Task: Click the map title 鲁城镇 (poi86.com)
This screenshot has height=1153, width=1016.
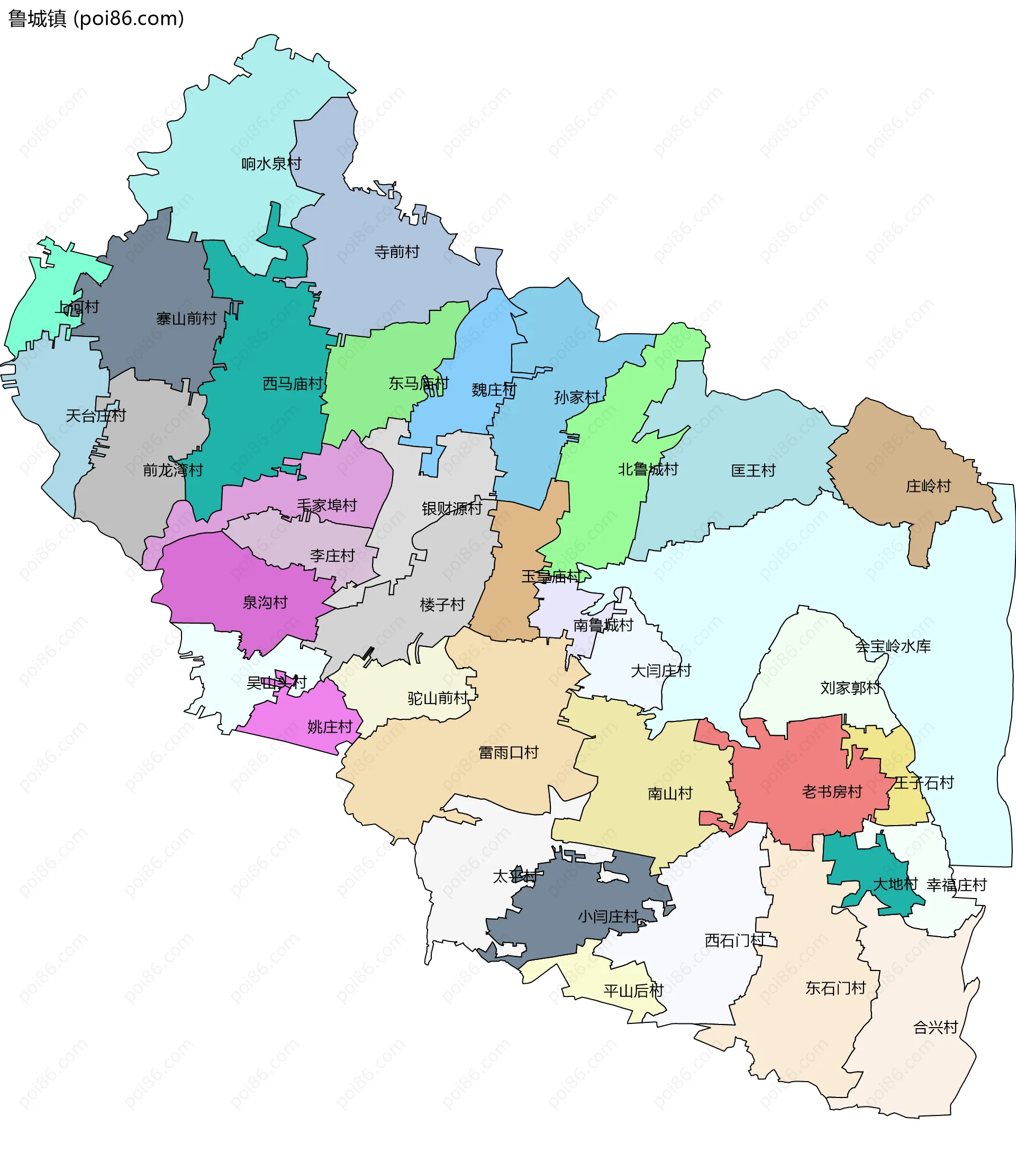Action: click(x=96, y=19)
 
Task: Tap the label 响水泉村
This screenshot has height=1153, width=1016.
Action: click(x=271, y=163)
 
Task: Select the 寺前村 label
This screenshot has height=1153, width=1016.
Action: click(x=397, y=252)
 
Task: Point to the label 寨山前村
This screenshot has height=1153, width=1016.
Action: click(x=186, y=319)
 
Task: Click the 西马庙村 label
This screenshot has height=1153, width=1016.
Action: click(x=293, y=384)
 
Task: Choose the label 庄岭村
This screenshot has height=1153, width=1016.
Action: click(x=928, y=486)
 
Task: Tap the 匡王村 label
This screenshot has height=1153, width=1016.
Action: click(x=753, y=470)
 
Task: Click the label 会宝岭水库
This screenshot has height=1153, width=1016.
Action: click(x=892, y=646)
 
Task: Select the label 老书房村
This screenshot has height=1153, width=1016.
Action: click(x=832, y=792)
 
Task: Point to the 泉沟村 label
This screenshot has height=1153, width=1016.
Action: click(x=265, y=602)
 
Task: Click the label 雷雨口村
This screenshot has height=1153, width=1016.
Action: click(x=508, y=753)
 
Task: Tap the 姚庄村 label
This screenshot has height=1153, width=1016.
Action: click(x=330, y=727)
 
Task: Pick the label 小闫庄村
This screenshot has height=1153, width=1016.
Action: click(x=608, y=917)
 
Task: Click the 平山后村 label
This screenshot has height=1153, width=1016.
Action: click(x=633, y=991)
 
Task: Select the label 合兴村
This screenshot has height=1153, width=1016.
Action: click(x=935, y=1027)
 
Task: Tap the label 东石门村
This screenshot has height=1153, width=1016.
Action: click(x=836, y=989)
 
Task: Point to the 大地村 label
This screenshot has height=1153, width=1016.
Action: click(x=895, y=884)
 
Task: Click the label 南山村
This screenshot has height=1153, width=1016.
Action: click(x=670, y=794)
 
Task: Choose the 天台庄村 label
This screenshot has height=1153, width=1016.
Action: click(x=95, y=416)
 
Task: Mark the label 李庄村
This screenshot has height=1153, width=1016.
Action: click(x=332, y=556)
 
